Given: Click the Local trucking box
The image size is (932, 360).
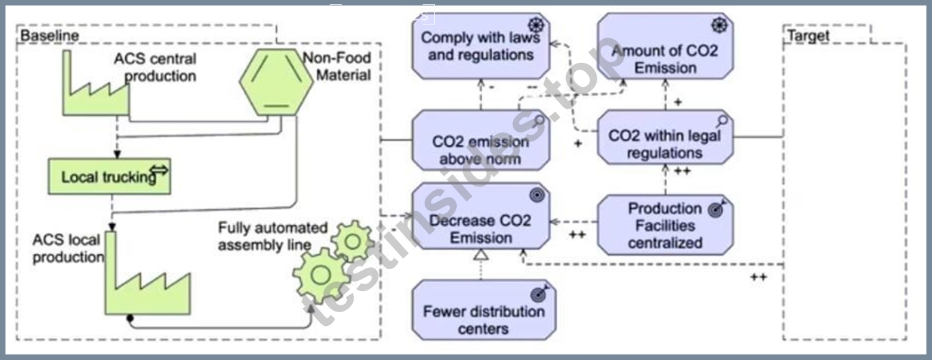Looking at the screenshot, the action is [109, 176].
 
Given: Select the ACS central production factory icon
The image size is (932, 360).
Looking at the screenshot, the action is [96, 100].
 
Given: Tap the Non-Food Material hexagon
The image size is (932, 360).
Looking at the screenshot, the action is [277, 82].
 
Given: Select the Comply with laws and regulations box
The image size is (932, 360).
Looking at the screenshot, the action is [481, 46].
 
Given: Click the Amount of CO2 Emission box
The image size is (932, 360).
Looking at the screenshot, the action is [665, 46].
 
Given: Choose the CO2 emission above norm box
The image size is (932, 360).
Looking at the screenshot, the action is [481, 140].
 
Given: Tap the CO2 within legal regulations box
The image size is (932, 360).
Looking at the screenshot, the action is [665, 137].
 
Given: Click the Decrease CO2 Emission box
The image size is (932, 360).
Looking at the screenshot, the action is [481, 217].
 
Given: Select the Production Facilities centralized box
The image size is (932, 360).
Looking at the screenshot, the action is [665, 225].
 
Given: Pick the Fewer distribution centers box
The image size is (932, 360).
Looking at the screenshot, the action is [483, 310].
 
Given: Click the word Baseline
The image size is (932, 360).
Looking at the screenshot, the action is [50, 36].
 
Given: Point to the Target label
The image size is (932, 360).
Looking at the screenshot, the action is [808, 36].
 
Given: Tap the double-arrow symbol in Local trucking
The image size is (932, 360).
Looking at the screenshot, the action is [159, 170].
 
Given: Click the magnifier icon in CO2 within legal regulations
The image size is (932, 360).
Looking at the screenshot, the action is [722, 122].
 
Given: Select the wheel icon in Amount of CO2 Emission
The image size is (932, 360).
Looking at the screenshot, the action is [719, 25].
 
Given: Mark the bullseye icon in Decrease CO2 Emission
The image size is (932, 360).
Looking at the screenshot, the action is [537, 195].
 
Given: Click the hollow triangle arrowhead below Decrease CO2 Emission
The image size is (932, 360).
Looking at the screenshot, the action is [481, 255].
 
